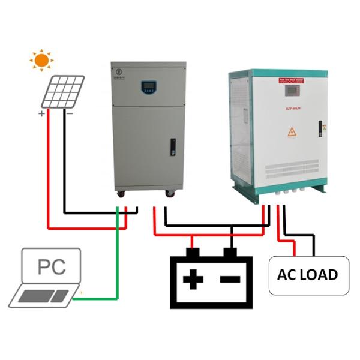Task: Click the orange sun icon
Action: tap(41, 60)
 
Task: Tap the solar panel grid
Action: tap(63, 91)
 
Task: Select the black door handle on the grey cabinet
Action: tap(173, 145)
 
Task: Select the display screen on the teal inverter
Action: tap(292, 93)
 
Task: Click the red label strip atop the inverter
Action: tap(292, 79)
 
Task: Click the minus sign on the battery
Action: tap(229, 278)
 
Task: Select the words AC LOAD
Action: tap(308, 275)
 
